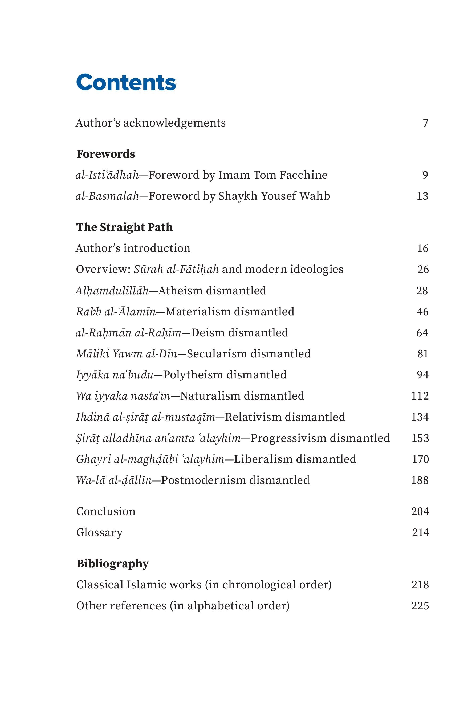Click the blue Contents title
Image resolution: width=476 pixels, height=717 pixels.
(x=126, y=82)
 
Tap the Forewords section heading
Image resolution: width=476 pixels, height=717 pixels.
(x=106, y=154)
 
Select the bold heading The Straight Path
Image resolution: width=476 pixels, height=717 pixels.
(x=124, y=227)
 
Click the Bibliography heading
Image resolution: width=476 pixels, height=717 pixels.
(x=112, y=563)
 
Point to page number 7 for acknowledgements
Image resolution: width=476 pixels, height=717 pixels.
(x=425, y=123)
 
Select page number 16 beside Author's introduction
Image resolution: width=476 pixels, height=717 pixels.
(x=422, y=248)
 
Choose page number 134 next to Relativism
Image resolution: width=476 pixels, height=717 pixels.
(x=420, y=417)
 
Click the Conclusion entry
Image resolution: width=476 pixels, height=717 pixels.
(x=106, y=511)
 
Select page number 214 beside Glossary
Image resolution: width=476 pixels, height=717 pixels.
(x=420, y=532)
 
